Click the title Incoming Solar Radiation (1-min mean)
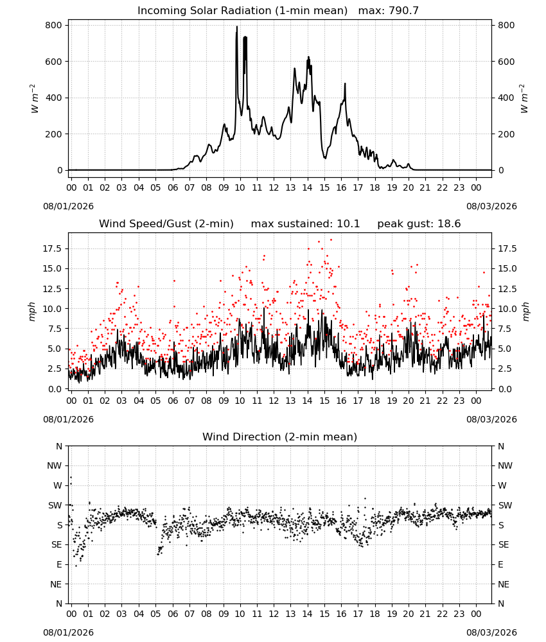242,11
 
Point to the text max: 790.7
389,11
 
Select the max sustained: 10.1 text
305,224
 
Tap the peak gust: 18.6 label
419,224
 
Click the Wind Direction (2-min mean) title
280,437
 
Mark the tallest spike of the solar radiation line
237,26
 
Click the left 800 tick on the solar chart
54,26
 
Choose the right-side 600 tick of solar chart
506,62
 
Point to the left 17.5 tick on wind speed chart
51,249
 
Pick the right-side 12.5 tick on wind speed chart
507,289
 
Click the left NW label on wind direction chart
55,466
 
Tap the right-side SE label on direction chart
504,545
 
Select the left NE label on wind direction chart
56,585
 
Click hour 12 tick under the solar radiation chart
274,188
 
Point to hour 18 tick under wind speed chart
374,401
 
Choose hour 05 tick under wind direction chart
155,614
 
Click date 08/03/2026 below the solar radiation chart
491,206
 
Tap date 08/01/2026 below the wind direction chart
68,632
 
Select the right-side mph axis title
525,312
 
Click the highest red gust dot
331,240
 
